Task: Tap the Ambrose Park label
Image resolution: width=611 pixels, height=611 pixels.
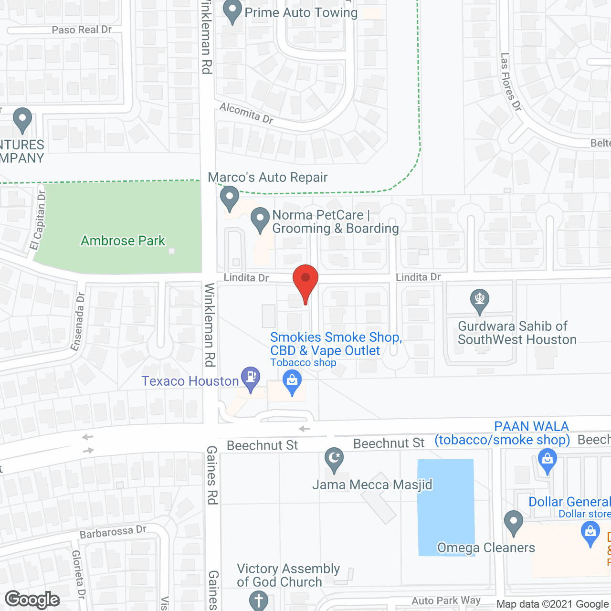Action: coord(123,241)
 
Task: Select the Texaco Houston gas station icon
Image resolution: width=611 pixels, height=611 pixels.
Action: coord(250,378)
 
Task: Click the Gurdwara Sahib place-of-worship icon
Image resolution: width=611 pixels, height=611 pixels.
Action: coord(480,300)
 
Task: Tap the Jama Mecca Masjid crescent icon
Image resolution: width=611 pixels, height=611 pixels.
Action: coord(334,459)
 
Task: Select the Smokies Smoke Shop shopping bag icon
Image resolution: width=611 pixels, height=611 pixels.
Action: coord(292,382)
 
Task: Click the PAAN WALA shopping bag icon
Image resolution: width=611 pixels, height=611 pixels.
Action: coord(548,461)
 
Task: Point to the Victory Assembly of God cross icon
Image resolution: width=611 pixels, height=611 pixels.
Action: coord(259,600)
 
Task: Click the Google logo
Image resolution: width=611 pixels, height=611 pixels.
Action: coord(32,600)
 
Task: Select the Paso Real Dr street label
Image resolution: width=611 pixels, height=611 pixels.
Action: coord(82,30)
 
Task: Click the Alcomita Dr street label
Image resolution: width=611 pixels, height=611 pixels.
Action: coord(246,114)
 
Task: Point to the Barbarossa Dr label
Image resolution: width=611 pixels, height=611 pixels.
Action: coord(113,531)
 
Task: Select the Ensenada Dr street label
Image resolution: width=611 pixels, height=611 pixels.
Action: coord(78,321)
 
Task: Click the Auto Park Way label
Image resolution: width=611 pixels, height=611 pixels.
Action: coord(446,600)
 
